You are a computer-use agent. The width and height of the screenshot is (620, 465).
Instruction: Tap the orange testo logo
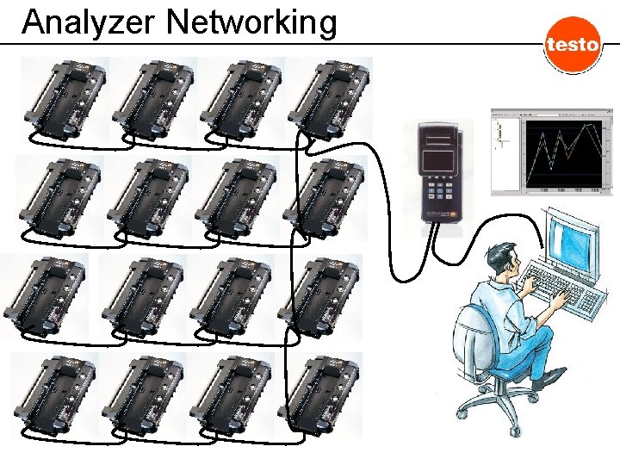pos(572,44)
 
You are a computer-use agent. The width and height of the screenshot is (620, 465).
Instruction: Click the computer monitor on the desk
pos(573,237)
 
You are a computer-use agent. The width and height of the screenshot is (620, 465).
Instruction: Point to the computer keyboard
pos(564,288)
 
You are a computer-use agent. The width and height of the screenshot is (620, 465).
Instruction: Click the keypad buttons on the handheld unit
pos(439,189)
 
